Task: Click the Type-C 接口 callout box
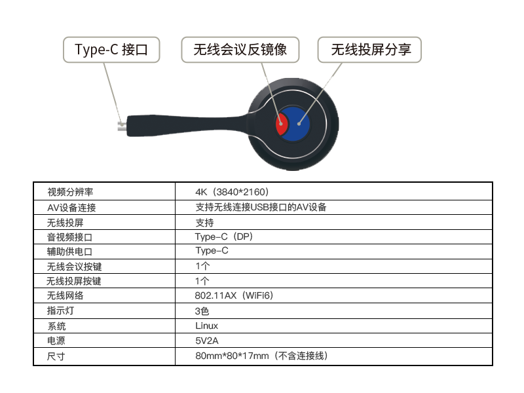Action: (x=111, y=50)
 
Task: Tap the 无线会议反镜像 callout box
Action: (x=240, y=50)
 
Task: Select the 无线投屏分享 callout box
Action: (x=369, y=50)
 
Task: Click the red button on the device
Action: (x=281, y=124)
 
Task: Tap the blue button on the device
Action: (x=297, y=124)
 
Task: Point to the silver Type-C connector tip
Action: (x=122, y=126)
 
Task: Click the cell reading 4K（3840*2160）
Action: (x=232, y=192)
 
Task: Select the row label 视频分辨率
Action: (x=70, y=192)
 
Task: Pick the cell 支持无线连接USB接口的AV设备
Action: (x=261, y=207)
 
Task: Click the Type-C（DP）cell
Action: (x=224, y=236)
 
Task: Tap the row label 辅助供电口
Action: (x=69, y=252)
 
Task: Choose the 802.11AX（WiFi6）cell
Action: (x=234, y=295)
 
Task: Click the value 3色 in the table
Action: (x=202, y=311)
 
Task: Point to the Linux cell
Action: (x=206, y=326)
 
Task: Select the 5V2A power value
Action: (x=207, y=341)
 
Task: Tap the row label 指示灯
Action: (x=60, y=310)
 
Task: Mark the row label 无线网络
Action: (x=65, y=295)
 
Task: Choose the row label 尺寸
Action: (x=56, y=356)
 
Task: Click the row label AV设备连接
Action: (x=71, y=208)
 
